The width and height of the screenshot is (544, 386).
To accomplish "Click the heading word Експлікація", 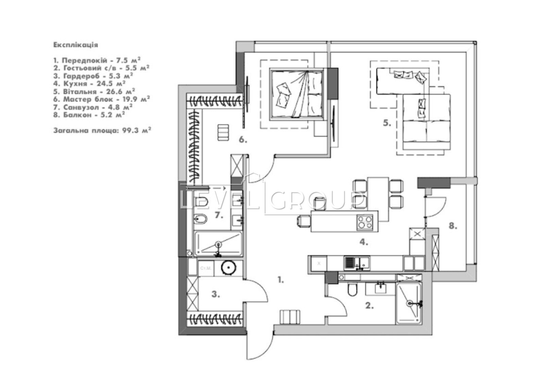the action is (75, 45).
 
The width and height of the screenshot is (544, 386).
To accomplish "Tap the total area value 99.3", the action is (131, 131).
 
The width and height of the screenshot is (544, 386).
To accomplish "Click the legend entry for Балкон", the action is (89, 115).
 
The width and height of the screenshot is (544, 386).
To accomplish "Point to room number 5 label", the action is (387, 123).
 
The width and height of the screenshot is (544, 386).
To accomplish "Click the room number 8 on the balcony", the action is (453, 226).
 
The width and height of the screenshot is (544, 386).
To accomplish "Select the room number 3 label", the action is (216, 295).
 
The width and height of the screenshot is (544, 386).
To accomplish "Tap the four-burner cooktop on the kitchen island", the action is (364, 222).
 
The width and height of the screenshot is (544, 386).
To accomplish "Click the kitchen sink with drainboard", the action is (357, 263).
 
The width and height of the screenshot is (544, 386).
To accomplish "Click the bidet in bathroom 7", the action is (200, 219).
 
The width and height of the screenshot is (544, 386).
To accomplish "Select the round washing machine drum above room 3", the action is (228, 268).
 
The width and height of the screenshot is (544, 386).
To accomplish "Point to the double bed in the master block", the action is (296, 95).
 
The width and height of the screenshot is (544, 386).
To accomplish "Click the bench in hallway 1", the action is (290, 317).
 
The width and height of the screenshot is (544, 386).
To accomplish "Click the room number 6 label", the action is (243, 139).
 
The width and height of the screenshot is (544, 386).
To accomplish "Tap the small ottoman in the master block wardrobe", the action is (223, 132).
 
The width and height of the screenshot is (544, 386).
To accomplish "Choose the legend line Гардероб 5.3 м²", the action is (93, 76).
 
